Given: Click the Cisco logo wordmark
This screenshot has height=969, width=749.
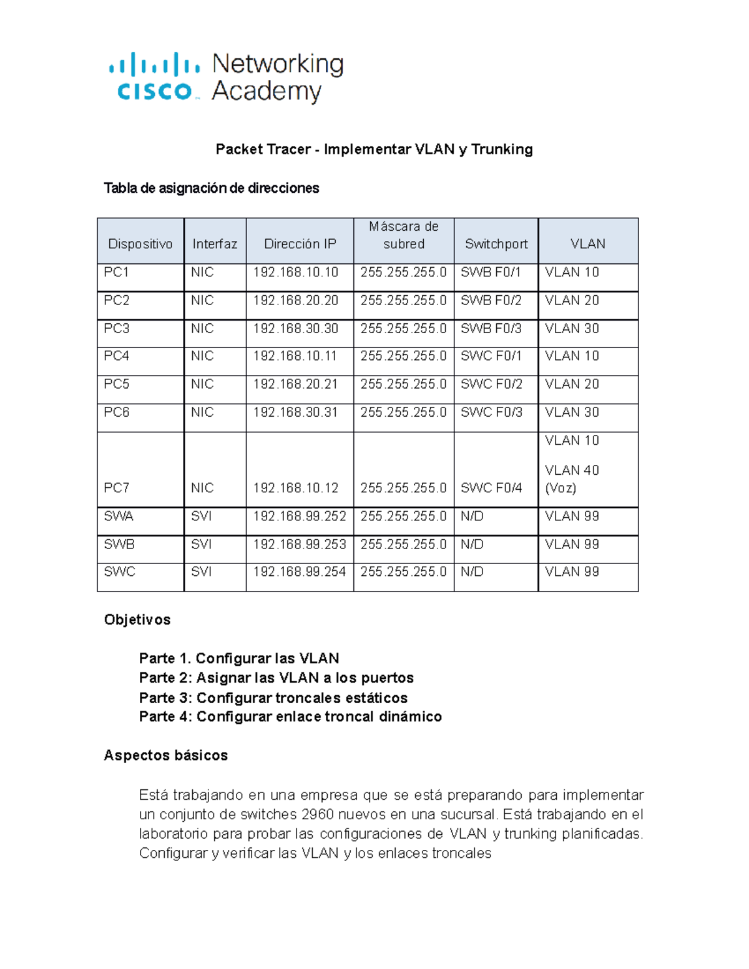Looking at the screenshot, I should [154, 91].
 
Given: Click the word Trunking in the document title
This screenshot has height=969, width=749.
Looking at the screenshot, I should [502, 149].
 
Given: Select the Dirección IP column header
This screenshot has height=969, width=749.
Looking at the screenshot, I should [300, 244].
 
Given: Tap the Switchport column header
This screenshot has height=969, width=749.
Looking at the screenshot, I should [496, 244].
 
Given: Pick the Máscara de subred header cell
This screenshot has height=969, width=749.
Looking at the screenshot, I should [404, 235].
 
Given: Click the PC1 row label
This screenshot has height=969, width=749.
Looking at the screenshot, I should [116, 273].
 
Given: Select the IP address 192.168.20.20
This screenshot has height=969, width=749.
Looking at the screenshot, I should [295, 301].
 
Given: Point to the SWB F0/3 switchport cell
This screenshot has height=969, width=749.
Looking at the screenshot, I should [491, 329].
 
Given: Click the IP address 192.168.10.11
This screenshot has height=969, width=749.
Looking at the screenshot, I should [295, 356].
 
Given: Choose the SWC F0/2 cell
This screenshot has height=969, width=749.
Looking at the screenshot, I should [491, 384].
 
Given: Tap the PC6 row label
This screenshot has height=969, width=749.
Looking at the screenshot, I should [116, 412].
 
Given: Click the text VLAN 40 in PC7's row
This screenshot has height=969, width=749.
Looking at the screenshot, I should [572, 470].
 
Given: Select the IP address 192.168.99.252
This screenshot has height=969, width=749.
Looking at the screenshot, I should [300, 517].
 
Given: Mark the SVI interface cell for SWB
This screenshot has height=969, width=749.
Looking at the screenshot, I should [202, 545].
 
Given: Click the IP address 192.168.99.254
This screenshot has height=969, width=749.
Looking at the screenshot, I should [300, 572].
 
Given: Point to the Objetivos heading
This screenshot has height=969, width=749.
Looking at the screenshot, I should [137, 620].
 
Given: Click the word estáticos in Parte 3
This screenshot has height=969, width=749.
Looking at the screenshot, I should [376, 698].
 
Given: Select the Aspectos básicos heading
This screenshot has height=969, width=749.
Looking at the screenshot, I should [166, 756].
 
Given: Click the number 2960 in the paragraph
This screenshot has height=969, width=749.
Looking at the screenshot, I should [317, 815].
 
